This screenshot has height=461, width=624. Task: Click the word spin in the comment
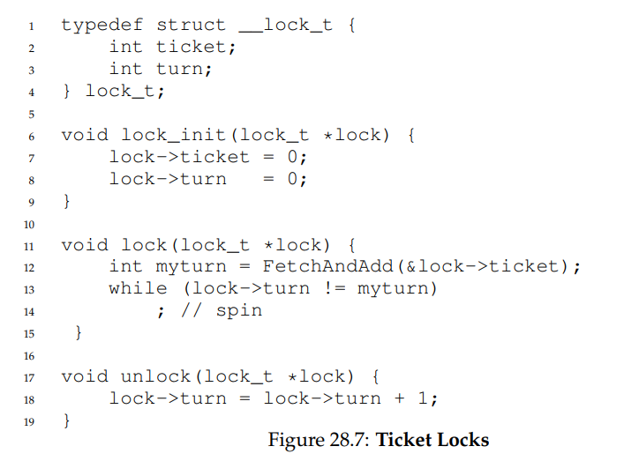click(x=238, y=310)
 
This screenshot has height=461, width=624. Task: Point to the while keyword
click(x=138, y=288)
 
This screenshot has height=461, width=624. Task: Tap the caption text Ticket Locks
click(x=432, y=440)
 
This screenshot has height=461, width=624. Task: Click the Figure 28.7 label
click(x=320, y=440)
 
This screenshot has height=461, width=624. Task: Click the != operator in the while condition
click(x=335, y=288)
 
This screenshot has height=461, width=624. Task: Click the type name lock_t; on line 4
click(x=124, y=91)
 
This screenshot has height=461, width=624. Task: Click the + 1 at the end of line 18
click(x=415, y=398)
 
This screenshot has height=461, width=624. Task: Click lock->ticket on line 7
click(x=179, y=157)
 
